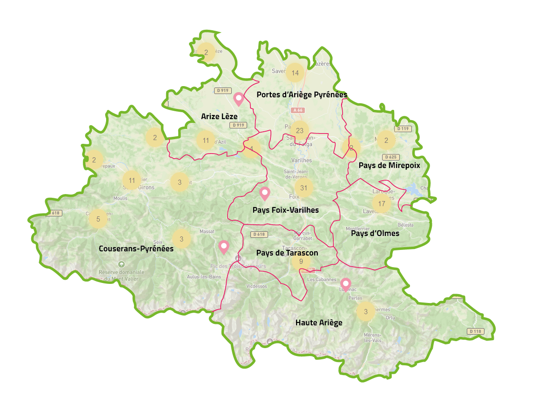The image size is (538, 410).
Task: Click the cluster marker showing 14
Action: coord(295,73)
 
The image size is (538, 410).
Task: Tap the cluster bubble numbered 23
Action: coord(299,130)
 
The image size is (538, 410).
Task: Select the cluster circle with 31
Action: coord(304,188)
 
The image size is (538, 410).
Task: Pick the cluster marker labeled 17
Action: coord(382,203)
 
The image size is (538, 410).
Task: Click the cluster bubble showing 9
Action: coord(301,262)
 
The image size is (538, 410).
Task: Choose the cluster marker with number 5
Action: coord(98,219)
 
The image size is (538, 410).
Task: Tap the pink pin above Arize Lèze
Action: coord(239,99)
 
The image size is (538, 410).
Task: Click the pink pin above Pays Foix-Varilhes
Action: coord(265,193)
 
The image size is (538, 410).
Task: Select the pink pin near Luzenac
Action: coord(345,283)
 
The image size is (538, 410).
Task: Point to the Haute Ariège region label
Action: coord(319,323)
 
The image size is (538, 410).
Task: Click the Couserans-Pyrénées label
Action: coord(136,249)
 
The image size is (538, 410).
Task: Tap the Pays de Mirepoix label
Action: coord(389,165)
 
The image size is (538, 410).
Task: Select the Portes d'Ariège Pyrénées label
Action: coord(302,94)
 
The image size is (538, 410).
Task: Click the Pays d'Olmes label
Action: coord(375,233)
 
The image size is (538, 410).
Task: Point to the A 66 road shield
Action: coord(297,110)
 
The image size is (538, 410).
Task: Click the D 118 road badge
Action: coord(475,331)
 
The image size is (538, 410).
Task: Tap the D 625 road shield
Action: coord(391,157)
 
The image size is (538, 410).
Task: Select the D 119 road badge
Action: coord(403,128)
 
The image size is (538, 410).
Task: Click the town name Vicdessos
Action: coord(257,286)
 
